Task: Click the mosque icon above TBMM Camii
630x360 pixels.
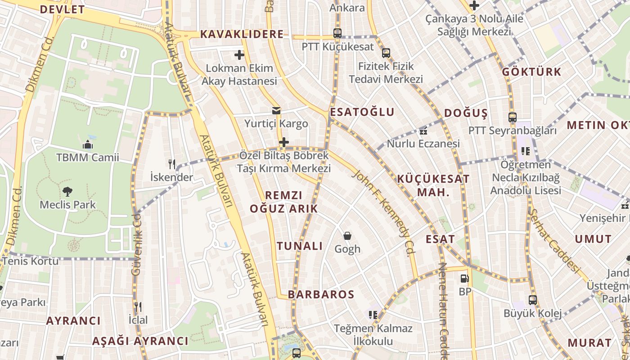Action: click(x=88, y=144)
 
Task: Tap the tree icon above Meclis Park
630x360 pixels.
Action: click(x=67, y=191)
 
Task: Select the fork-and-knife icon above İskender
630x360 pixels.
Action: click(x=171, y=164)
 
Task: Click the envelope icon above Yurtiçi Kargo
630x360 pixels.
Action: click(x=276, y=110)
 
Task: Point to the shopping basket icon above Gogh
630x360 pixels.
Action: click(x=347, y=235)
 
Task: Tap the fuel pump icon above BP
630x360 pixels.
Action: click(x=465, y=279)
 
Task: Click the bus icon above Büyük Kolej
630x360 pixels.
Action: click(x=533, y=300)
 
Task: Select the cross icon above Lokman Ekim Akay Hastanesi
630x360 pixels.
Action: click(x=239, y=55)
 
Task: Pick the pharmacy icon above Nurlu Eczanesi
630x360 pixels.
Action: click(x=423, y=131)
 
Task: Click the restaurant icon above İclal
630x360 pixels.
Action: click(x=138, y=307)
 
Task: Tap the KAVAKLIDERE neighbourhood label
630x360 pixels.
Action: click(x=242, y=34)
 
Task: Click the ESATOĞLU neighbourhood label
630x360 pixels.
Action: click(x=362, y=112)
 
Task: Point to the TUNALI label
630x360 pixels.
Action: click(x=300, y=246)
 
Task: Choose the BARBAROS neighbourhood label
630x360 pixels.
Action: click(x=321, y=294)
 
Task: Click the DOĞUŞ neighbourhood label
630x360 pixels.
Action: click(x=466, y=113)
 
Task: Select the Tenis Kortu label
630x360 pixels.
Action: click(x=30, y=261)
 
